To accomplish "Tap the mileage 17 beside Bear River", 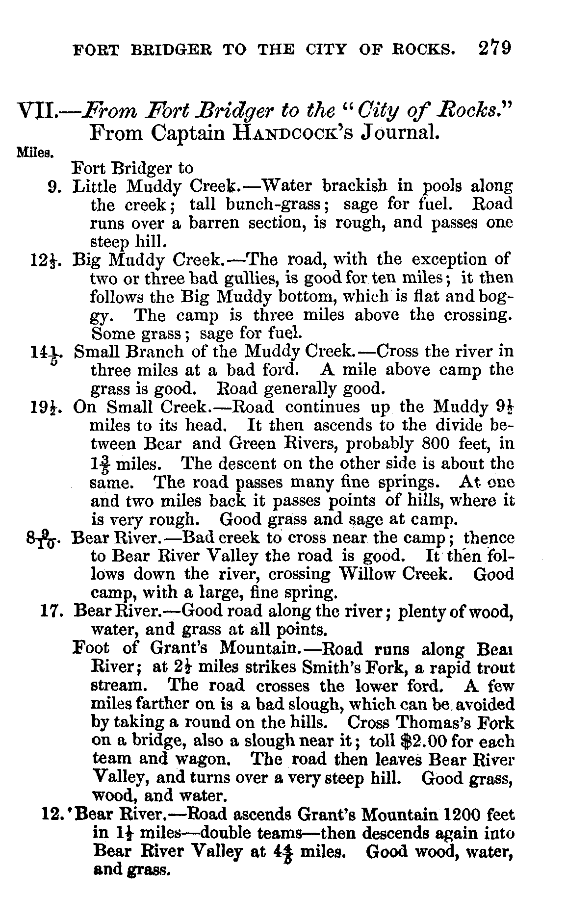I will coord(51,611).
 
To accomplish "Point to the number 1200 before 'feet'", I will coord(464,815).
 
